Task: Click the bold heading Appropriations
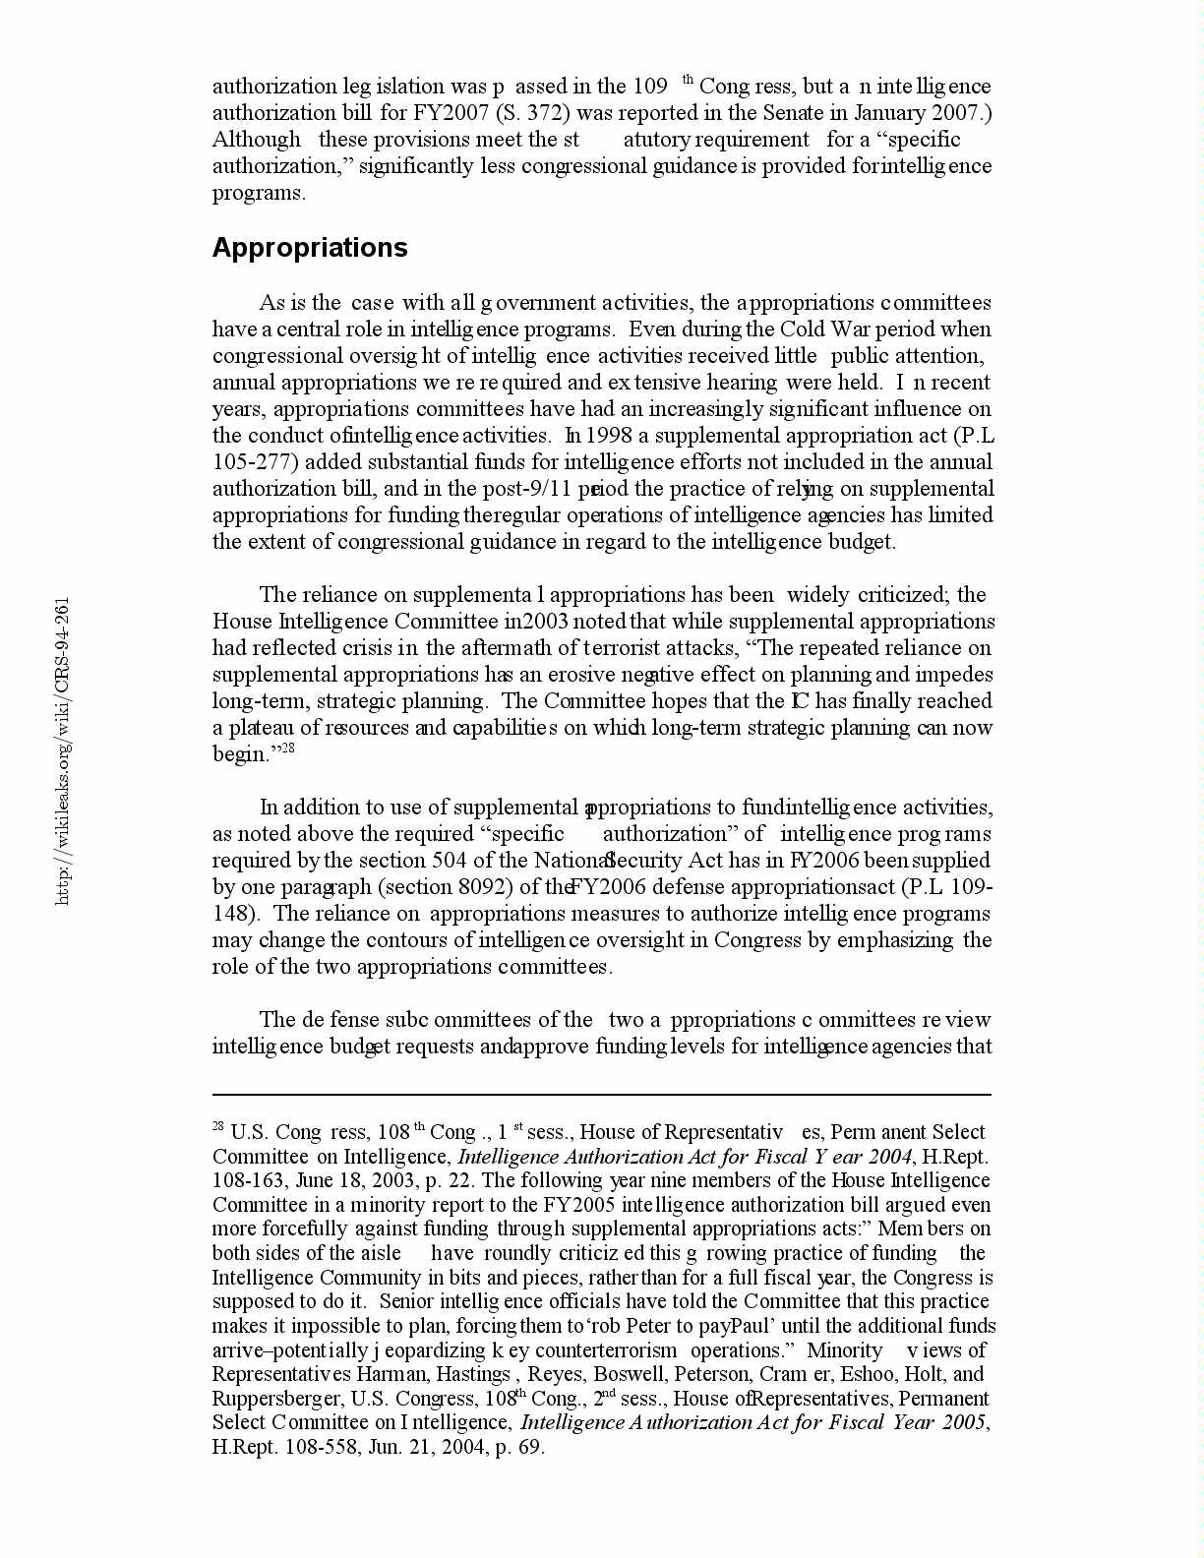pos(310,247)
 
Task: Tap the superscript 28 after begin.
pos(288,749)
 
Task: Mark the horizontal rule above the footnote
pos(601,1094)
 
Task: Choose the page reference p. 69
pos(519,1447)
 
